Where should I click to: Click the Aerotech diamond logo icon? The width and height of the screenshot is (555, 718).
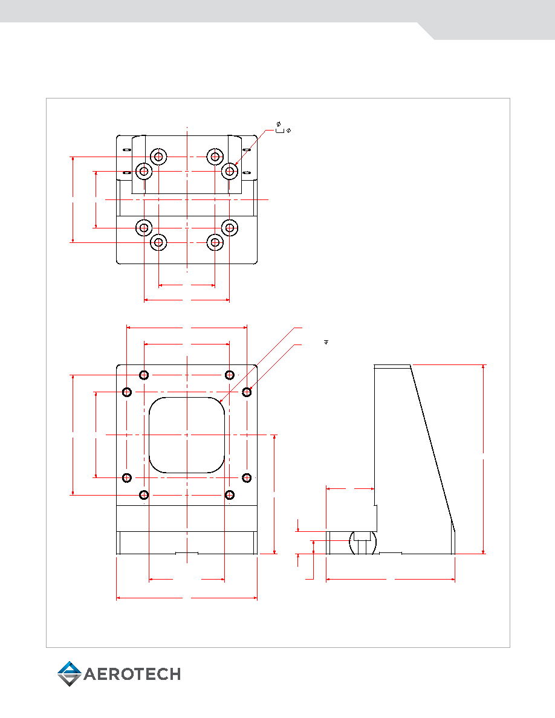pyautogui.click(x=70, y=674)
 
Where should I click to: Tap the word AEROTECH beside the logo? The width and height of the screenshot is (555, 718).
pyautogui.click(x=132, y=674)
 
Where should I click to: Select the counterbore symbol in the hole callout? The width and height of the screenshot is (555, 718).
pyautogui.click(x=280, y=131)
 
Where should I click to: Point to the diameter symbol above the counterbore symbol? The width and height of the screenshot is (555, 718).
pyautogui.click(x=279, y=124)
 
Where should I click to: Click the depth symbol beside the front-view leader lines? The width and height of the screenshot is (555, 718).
pyautogui.click(x=326, y=341)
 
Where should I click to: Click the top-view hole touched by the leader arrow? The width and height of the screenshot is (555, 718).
pyautogui.click(x=229, y=171)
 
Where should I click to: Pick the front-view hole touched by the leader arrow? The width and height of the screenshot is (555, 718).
pyautogui.click(x=247, y=392)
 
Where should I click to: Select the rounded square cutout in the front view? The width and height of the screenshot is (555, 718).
pyautogui.click(x=187, y=435)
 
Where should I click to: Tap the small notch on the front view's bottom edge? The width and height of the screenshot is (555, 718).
pyautogui.click(x=187, y=552)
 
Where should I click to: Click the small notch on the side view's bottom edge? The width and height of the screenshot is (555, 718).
pyautogui.click(x=391, y=552)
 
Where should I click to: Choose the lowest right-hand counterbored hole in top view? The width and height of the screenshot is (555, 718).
pyautogui.click(x=215, y=242)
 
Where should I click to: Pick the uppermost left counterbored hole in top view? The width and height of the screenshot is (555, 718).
pyautogui.click(x=158, y=157)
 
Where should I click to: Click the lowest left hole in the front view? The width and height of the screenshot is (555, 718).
pyautogui.click(x=144, y=494)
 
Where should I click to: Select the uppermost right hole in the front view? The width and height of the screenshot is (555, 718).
pyautogui.click(x=230, y=375)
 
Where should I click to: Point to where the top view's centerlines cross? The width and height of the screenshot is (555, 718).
pyautogui.click(x=187, y=199)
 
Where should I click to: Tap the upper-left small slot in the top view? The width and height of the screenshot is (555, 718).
pyautogui.click(x=127, y=150)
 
